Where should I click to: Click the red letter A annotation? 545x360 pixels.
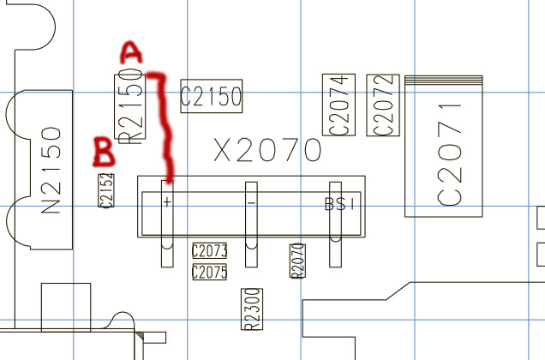130,53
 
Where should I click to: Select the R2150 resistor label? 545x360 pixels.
131,105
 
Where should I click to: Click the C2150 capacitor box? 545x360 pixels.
211,97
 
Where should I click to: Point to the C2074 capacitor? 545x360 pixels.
338,105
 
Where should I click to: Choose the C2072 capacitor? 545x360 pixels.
383,105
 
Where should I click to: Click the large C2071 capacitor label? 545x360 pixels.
450,154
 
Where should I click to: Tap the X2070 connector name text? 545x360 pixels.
267,152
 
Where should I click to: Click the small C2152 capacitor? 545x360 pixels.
106,190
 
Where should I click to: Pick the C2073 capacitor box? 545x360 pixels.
209,252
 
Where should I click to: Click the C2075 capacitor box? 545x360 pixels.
209,273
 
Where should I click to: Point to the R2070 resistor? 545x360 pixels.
297,260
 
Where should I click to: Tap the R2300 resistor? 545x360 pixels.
252,309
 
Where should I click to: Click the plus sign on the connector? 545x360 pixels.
167,203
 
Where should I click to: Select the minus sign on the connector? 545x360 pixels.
251,203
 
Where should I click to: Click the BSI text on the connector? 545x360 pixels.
340,204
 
